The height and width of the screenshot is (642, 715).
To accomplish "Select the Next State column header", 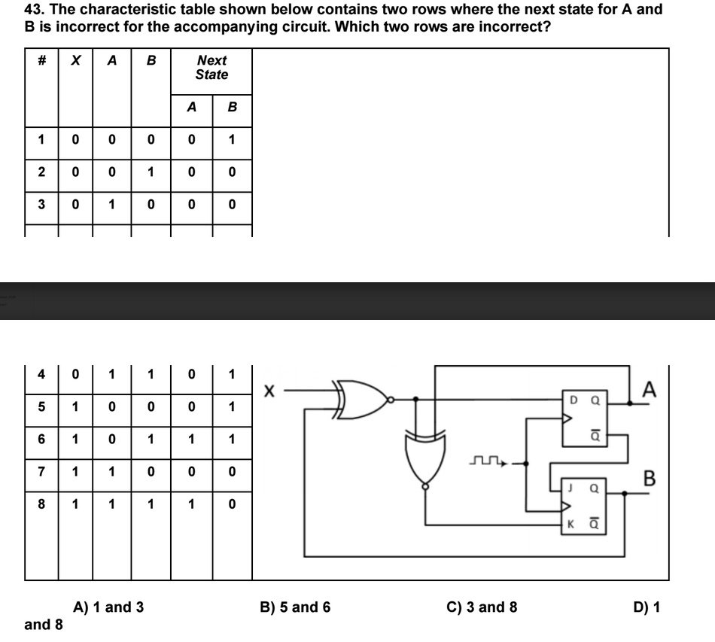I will (211, 67).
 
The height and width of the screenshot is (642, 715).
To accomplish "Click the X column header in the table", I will (75, 61).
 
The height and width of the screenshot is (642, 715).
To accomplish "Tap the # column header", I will (42, 61).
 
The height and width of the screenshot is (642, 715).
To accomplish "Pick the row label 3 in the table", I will (42, 204).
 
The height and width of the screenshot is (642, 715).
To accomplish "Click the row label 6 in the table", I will (42, 439).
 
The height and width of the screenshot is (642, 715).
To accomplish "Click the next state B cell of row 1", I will (232, 139).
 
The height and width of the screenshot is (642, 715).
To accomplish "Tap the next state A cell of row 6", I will (191, 439).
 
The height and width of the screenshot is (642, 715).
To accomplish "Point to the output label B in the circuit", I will (650, 478).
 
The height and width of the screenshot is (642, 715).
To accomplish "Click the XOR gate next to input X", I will (364, 398).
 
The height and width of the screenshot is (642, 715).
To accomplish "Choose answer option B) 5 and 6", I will (295, 607).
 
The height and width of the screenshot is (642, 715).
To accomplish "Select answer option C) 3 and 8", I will (482, 607).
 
